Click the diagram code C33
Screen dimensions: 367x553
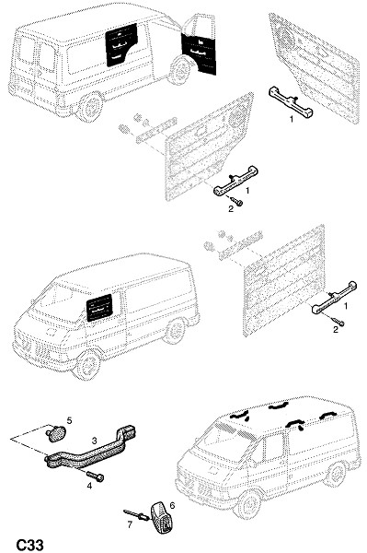[x=30, y=545]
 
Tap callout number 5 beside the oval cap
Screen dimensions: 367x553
[x=69, y=420]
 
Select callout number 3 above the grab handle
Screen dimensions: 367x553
[x=95, y=441]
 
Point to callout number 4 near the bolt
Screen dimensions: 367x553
[x=89, y=486]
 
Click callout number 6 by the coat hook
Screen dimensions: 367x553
[x=172, y=505]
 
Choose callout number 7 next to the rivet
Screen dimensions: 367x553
[x=130, y=524]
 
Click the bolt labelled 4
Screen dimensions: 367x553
[x=95, y=476]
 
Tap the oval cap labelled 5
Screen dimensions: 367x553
[x=54, y=433]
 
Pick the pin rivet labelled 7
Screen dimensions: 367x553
[x=136, y=515]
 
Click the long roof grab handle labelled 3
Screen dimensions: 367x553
[x=91, y=448]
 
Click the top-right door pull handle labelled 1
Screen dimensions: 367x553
[x=291, y=102]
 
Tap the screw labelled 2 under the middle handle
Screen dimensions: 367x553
[x=236, y=201]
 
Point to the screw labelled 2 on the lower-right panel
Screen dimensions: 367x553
[x=338, y=322]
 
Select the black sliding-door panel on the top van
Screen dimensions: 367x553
[x=121, y=45]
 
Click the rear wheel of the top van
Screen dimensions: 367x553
[x=92, y=107]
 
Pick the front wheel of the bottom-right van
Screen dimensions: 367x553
[x=250, y=503]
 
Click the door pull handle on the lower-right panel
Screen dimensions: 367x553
[x=334, y=298]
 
